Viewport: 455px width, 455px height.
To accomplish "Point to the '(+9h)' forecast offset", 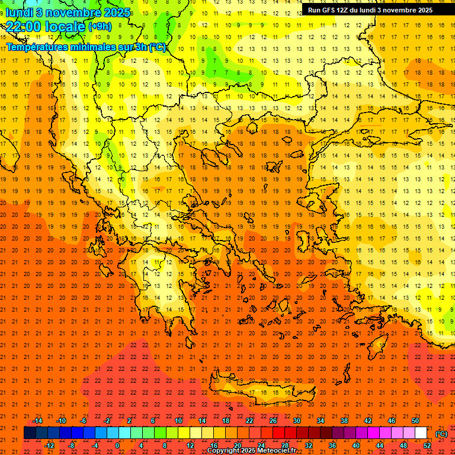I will coord(100,27).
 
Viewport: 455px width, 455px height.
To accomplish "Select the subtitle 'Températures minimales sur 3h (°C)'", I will coord(86,47).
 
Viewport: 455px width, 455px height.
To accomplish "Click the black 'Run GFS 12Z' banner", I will coord(370,10).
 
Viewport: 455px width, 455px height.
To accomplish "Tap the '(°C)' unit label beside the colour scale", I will coord(441,434).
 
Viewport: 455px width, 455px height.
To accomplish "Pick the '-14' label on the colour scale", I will coord(37,421).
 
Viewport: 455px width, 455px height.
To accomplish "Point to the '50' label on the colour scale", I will coord(415,421).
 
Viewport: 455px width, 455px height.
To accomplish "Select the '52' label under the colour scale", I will coord(427,446).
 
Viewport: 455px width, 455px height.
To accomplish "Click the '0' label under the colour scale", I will coord(117,446).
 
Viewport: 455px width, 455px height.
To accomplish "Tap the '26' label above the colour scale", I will coord(273,421).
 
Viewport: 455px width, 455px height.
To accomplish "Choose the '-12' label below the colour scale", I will coord(49,446).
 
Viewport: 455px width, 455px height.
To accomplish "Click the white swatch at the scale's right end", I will coord(421,433).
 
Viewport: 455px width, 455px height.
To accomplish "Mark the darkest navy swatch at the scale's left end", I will coord(30,433).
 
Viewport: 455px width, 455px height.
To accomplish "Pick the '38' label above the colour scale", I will coord(344,421).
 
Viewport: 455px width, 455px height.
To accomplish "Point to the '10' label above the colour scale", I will coord(178,421).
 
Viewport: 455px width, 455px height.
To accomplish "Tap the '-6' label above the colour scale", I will coord(84,421).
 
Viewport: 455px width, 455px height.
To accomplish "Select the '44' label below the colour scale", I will coord(380,446).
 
